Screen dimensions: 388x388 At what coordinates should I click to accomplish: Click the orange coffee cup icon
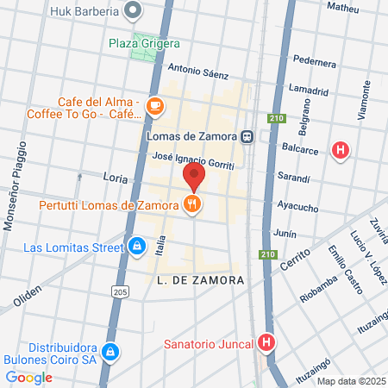[154, 105]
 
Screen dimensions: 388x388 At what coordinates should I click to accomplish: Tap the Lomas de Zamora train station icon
[247, 135]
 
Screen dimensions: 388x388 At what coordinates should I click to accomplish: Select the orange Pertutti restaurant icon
[194, 204]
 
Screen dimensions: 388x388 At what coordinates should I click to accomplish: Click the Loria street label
[114, 177]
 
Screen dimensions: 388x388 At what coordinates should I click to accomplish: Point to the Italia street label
[160, 248]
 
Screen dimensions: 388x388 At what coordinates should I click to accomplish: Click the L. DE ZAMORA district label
[202, 281]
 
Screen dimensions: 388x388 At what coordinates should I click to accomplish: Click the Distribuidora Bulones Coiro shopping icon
[110, 352]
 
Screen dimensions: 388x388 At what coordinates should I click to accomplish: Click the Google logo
[28, 377]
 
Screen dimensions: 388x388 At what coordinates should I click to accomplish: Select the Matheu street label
[342, 8]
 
